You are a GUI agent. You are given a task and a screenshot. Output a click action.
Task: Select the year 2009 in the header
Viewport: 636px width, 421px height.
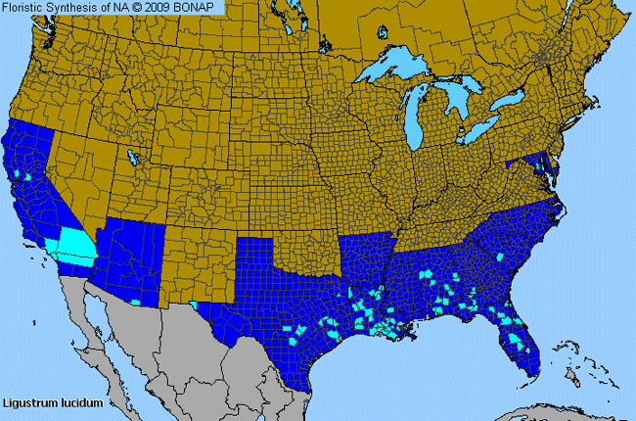[x=158, y=7]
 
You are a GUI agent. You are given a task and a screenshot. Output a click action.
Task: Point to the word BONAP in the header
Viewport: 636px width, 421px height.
[x=197, y=7]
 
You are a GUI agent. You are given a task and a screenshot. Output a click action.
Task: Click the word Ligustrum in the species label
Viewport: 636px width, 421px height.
[x=28, y=402]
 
